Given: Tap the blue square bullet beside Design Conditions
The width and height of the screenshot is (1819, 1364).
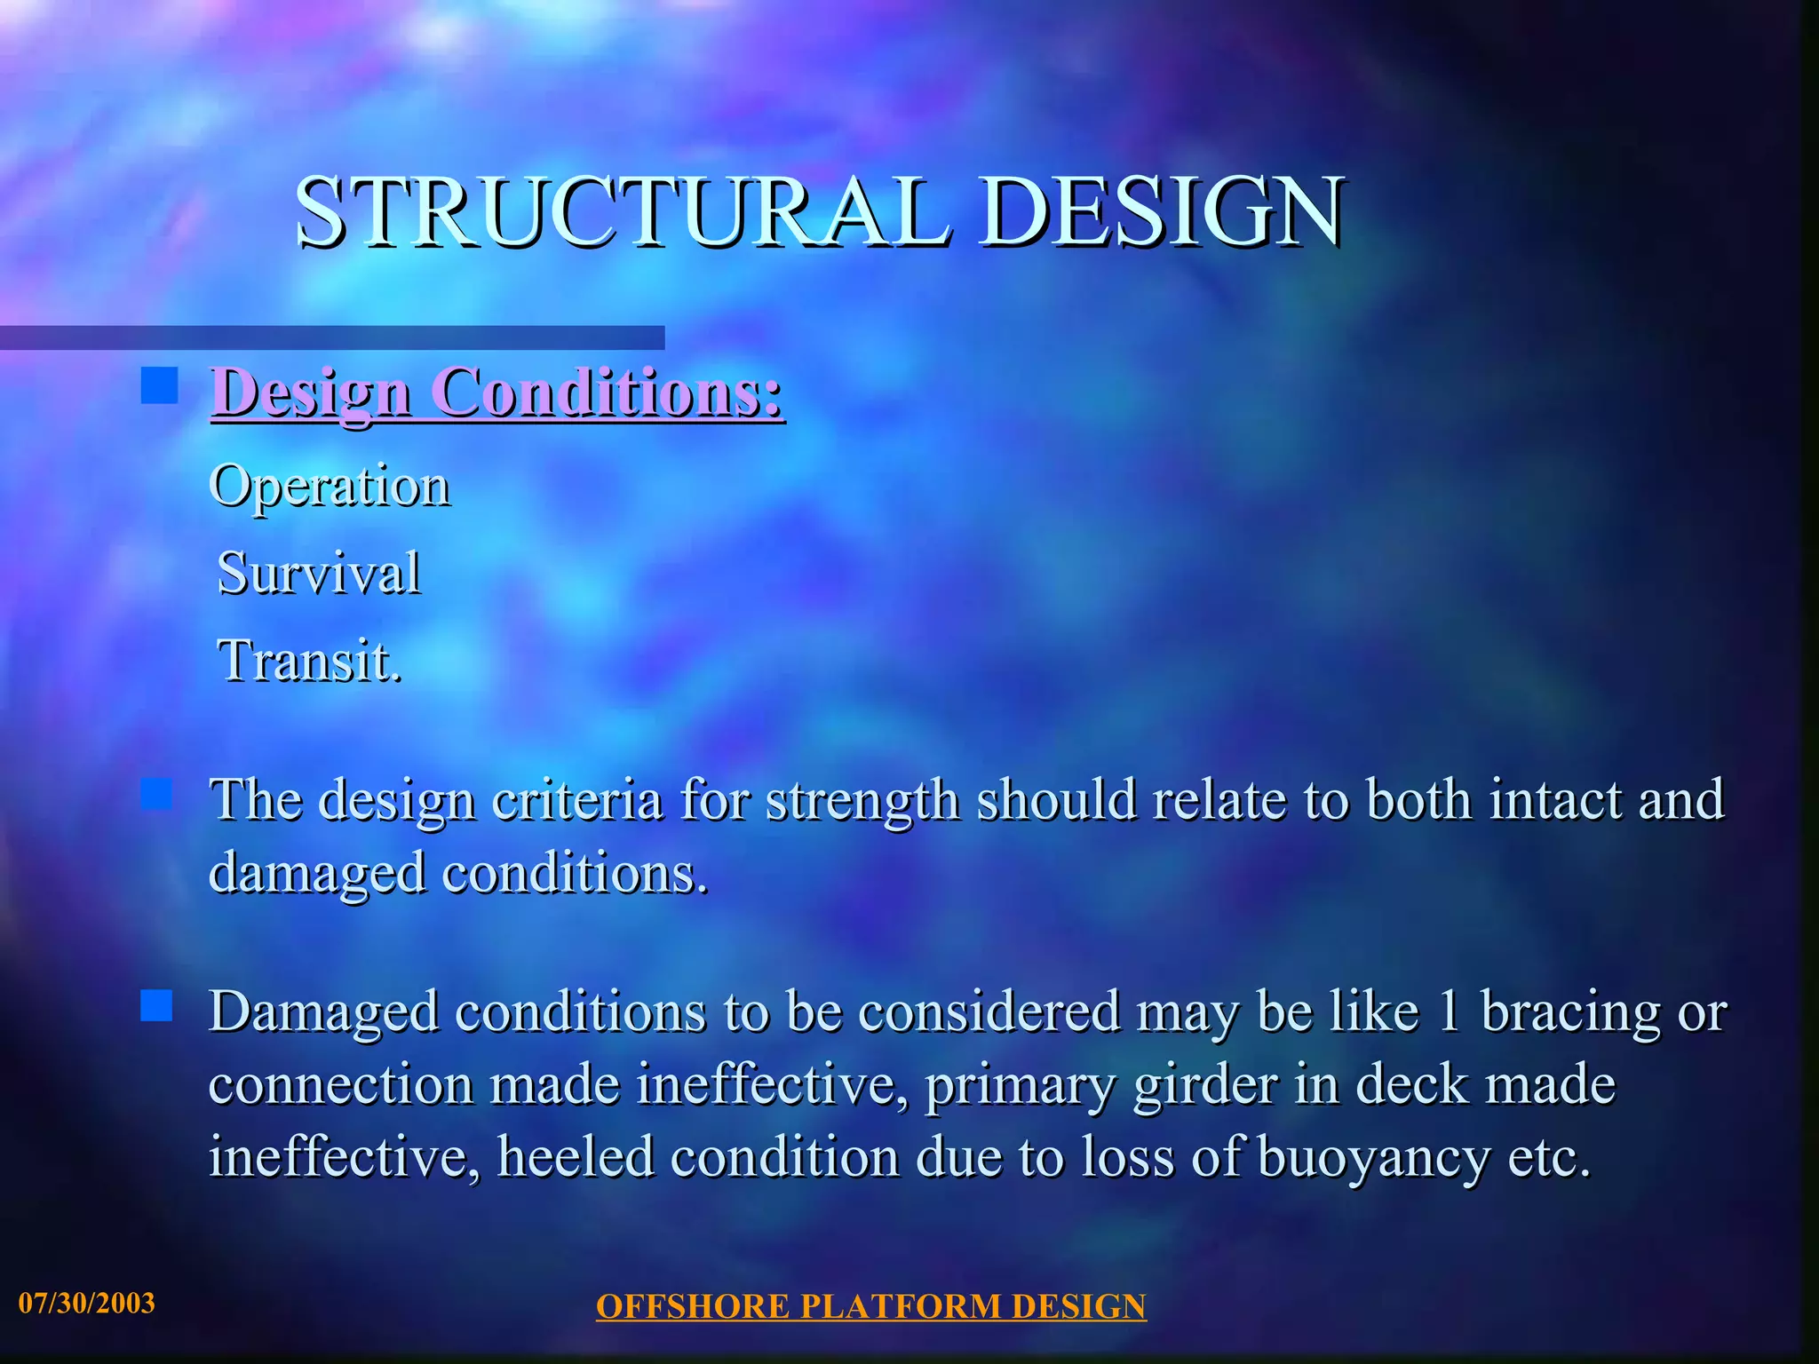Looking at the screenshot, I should click(x=159, y=386).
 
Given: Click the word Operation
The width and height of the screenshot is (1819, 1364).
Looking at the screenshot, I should click(x=330, y=487).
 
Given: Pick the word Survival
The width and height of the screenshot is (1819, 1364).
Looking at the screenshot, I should click(x=319, y=573).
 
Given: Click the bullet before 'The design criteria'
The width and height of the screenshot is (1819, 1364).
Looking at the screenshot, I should click(x=156, y=794).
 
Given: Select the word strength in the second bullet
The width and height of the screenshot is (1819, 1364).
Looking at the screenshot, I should click(x=862, y=799).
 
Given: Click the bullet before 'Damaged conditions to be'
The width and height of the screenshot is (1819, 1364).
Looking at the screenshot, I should click(x=156, y=1006).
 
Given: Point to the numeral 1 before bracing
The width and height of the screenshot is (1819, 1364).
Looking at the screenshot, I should click(x=1449, y=1011).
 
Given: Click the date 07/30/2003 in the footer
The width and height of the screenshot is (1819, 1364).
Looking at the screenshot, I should click(x=87, y=1303).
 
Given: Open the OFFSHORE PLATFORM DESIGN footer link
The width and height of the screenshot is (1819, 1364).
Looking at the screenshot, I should click(x=870, y=1306).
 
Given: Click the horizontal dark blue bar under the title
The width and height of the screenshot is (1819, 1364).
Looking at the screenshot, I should click(x=332, y=337).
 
